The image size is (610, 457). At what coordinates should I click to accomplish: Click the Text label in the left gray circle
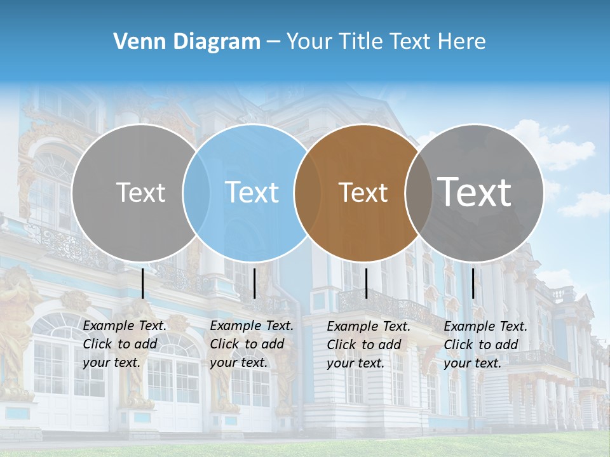click(x=140, y=192)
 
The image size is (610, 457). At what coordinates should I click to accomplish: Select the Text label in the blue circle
click(x=252, y=192)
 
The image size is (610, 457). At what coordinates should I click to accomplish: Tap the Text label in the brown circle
click(x=363, y=192)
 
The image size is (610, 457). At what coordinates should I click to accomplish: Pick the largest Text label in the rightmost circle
click(x=475, y=192)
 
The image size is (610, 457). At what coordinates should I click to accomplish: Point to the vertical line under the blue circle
click(x=255, y=283)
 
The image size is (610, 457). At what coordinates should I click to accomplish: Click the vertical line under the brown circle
click(x=367, y=283)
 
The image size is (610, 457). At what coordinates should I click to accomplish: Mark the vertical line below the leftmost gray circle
click(x=143, y=283)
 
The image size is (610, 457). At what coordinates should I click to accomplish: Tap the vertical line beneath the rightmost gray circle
click(x=473, y=283)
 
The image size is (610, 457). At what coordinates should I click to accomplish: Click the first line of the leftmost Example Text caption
click(x=125, y=326)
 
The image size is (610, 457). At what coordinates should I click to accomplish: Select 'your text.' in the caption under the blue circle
click(x=238, y=363)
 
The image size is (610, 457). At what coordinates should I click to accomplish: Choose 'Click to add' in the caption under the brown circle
click(x=364, y=345)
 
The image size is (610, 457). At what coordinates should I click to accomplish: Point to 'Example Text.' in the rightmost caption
click(x=485, y=327)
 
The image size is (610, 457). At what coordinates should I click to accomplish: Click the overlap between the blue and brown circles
click(x=302, y=192)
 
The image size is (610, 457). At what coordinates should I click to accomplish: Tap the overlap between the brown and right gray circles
click(x=414, y=192)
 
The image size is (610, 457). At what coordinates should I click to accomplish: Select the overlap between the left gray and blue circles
click(x=196, y=192)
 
